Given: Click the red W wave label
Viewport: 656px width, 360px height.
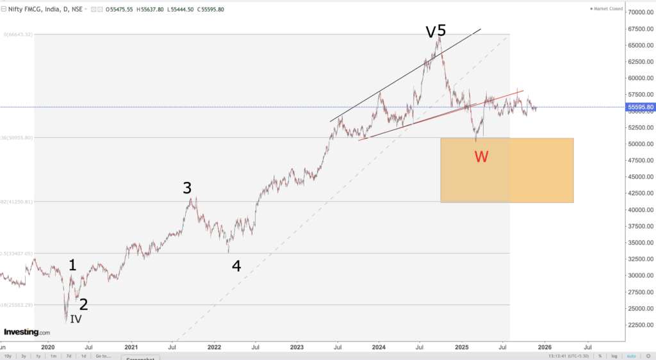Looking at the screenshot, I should (x=481, y=156).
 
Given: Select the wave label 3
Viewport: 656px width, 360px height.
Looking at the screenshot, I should (x=187, y=188).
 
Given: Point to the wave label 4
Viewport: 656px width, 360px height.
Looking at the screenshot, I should (x=236, y=266).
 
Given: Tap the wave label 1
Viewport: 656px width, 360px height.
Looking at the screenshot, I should (x=72, y=265).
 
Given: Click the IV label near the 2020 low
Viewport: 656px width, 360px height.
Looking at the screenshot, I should (x=76, y=318).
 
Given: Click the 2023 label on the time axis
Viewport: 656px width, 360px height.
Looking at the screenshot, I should (x=297, y=347).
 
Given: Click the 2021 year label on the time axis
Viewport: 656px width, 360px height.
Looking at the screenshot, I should (x=131, y=347).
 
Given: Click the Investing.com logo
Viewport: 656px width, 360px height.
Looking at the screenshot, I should (x=27, y=332).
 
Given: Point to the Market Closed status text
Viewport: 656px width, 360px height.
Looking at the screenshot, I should (x=608, y=8).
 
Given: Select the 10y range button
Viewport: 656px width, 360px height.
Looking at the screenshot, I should (x=8, y=356).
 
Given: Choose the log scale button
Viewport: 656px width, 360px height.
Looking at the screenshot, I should (x=614, y=356).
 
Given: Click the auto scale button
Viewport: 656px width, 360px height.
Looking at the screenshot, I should (x=631, y=356).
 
